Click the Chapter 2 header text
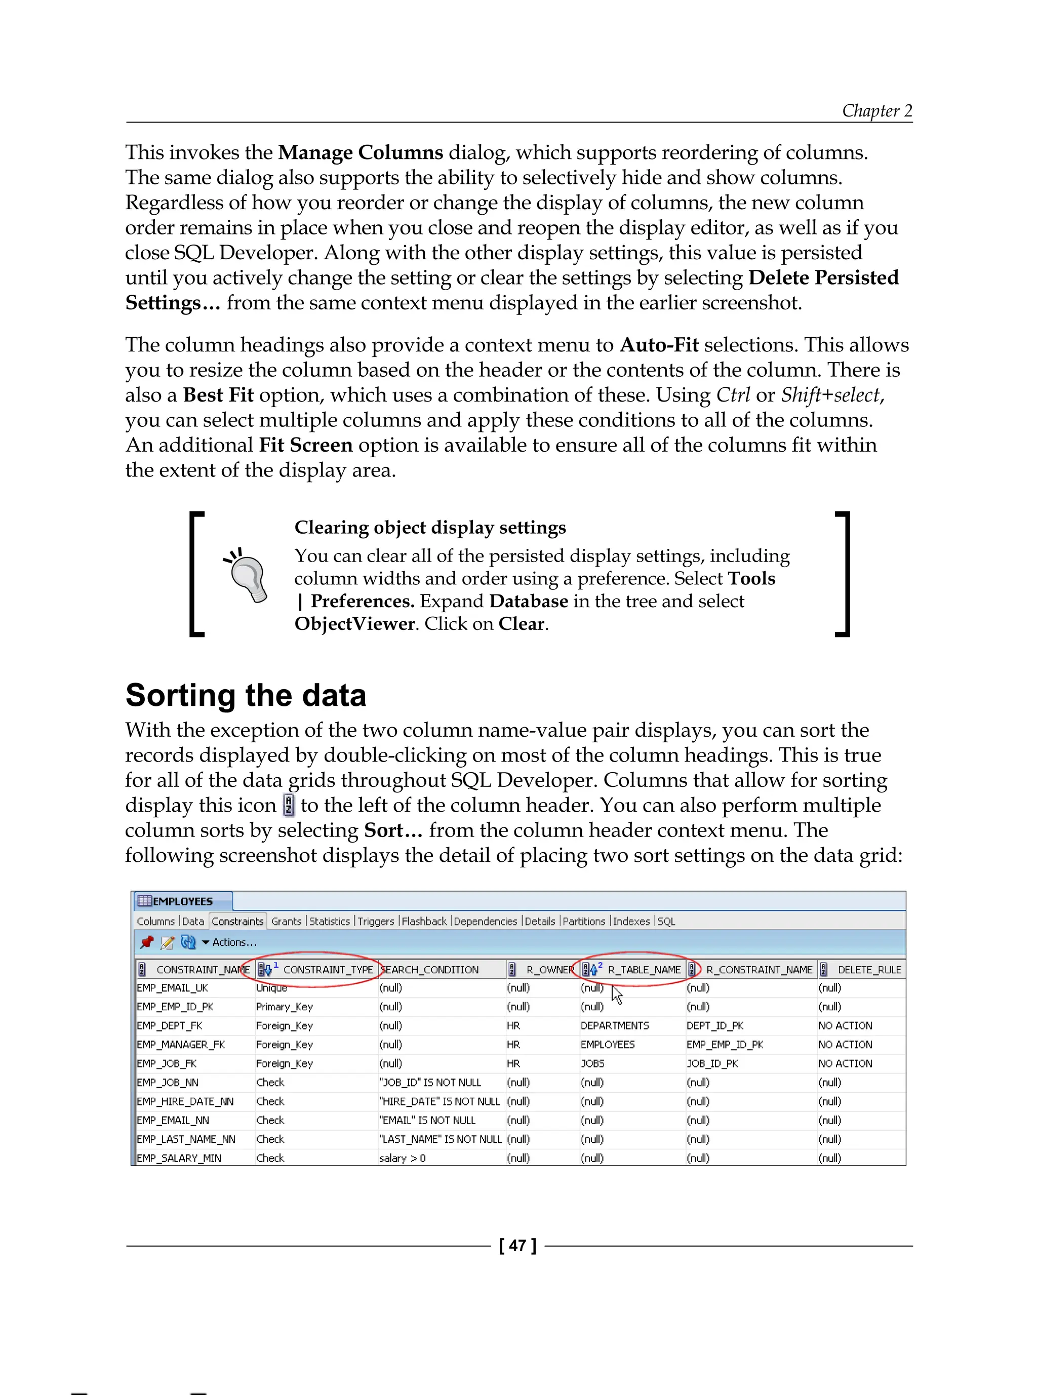(876, 110)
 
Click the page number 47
(517, 1246)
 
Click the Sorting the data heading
(246, 696)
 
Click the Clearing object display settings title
(430, 527)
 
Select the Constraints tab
(237, 921)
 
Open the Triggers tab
(375, 921)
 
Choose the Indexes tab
(631, 921)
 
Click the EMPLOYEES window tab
(182, 901)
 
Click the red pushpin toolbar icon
(147, 942)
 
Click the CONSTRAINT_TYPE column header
(328, 969)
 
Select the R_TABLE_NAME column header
(644, 969)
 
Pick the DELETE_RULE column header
(869, 969)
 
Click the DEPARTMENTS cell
(615, 1025)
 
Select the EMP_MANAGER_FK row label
(180, 1044)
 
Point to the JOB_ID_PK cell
(712, 1063)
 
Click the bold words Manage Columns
(361, 152)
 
